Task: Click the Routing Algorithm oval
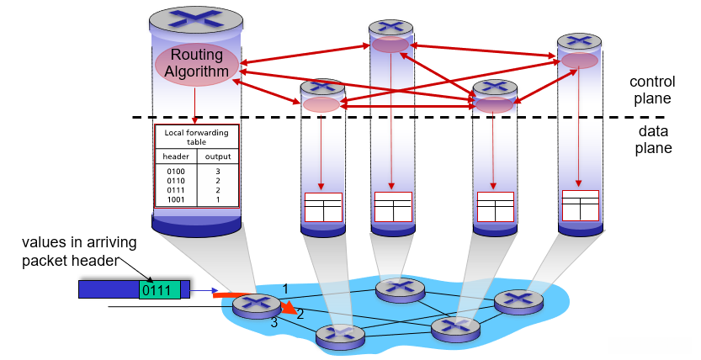(x=196, y=63)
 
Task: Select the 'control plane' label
(x=651, y=89)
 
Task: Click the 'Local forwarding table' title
(x=197, y=138)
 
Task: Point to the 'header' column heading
(x=176, y=156)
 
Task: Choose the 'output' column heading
(x=217, y=156)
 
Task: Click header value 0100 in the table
(x=175, y=171)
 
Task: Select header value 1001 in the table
(x=175, y=199)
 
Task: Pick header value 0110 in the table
(x=175, y=180)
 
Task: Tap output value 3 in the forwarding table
(x=217, y=171)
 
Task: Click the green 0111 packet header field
(x=159, y=290)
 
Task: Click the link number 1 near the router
(x=285, y=289)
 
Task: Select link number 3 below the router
(x=273, y=322)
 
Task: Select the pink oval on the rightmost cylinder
(x=580, y=61)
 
